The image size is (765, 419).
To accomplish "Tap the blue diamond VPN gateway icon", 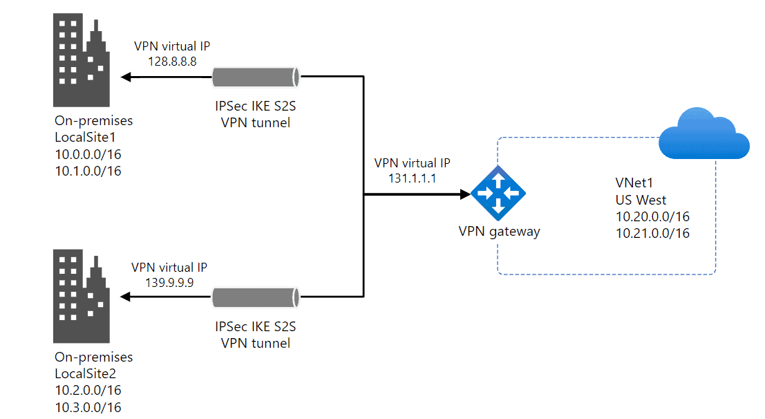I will click(498, 194).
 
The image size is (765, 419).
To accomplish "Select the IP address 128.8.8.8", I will click(173, 62).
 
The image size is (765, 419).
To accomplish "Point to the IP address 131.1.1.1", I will click(412, 178).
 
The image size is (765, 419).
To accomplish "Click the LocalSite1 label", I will click(84, 136).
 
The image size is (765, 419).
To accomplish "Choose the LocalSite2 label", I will click(84, 373).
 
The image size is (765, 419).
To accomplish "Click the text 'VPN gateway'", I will click(499, 232).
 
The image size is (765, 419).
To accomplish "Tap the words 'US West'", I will click(641, 200).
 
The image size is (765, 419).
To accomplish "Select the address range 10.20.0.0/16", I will click(652, 216).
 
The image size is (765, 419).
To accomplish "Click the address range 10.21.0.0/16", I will click(652, 234).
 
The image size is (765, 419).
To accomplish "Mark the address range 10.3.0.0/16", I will click(88, 407).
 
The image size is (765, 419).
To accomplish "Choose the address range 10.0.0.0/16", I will click(88, 153).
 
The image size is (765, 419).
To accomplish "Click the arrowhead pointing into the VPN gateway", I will click(465, 194).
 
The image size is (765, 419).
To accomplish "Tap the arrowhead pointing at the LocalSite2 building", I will click(125, 298).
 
